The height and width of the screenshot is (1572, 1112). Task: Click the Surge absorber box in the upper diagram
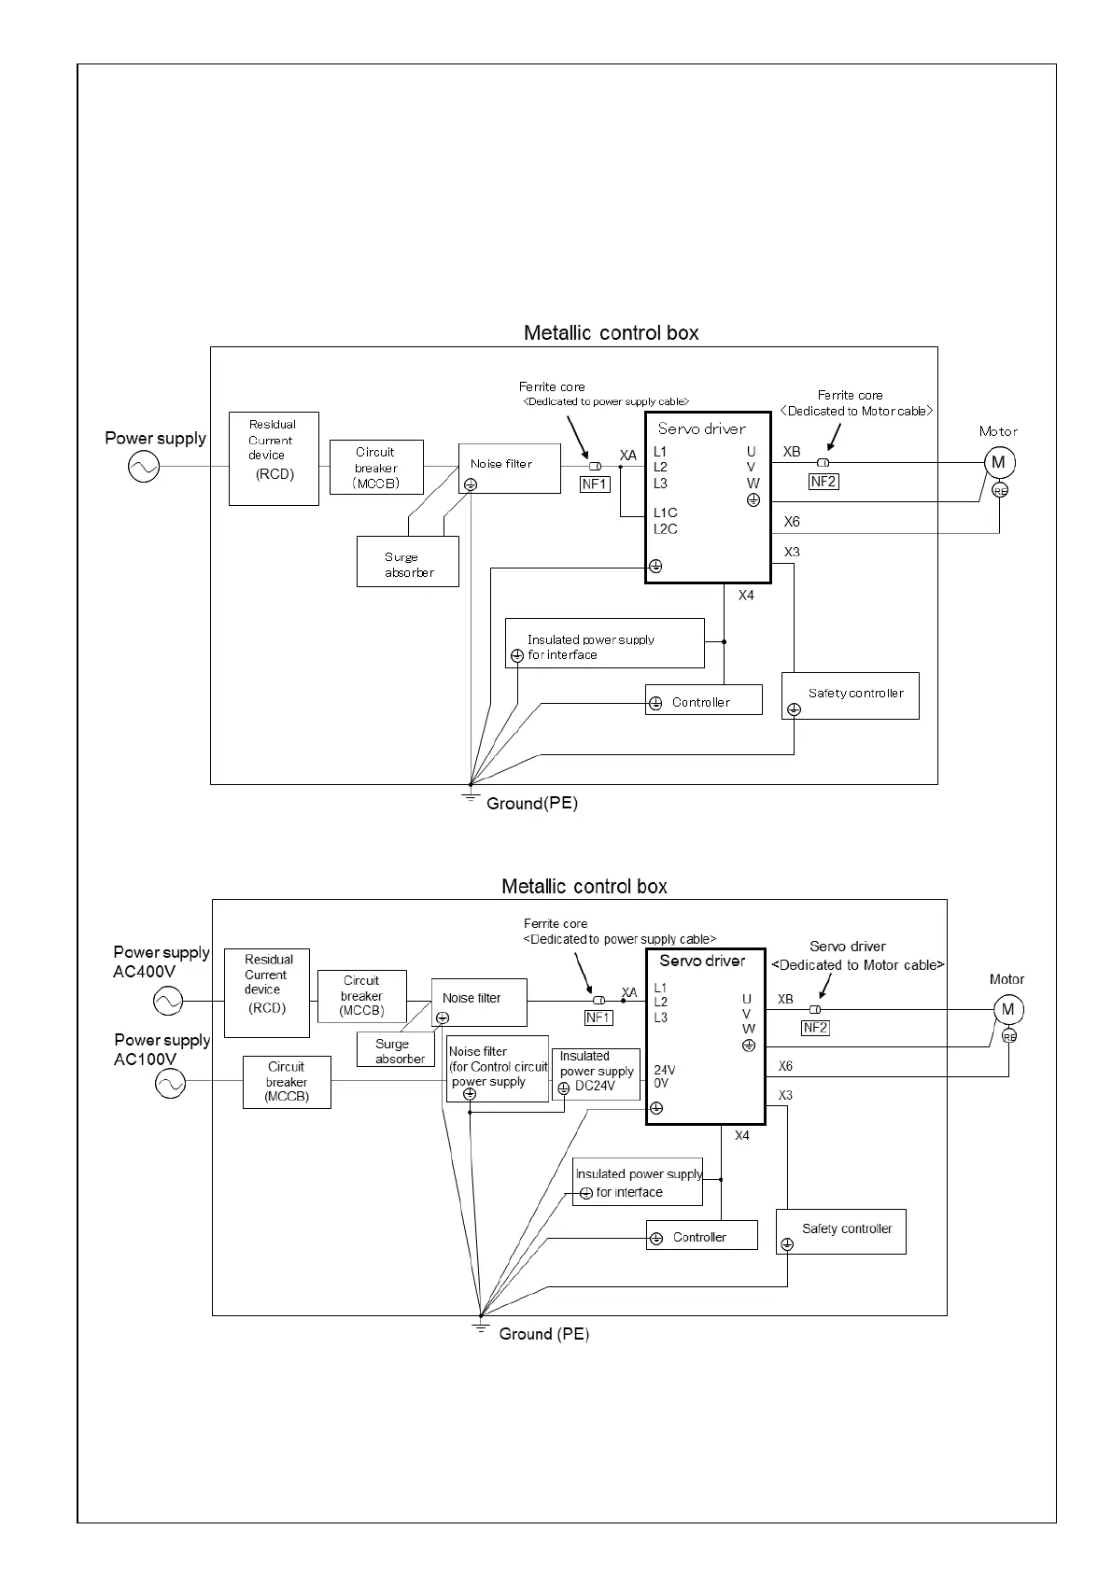(x=408, y=561)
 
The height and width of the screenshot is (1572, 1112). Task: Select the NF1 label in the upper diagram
(x=595, y=484)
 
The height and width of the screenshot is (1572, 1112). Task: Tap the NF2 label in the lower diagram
(x=815, y=1027)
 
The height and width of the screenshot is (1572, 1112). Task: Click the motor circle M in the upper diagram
(x=998, y=462)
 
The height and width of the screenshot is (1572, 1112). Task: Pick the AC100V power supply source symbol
(x=170, y=1083)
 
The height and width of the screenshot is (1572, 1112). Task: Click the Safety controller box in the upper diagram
(x=850, y=695)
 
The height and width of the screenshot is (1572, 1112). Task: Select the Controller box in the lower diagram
(x=701, y=1237)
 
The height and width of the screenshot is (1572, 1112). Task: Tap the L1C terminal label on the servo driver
(x=666, y=512)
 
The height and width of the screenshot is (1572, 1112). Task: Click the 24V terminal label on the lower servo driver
(x=665, y=1070)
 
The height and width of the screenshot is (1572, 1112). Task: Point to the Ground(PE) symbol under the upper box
(x=472, y=794)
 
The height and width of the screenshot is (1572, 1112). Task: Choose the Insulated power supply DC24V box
(x=596, y=1074)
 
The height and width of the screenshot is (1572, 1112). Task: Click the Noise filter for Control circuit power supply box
(x=498, y=1068)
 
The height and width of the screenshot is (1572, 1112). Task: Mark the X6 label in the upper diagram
(x=792, y=522)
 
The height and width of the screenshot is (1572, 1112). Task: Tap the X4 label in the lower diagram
(x=742, y=1135)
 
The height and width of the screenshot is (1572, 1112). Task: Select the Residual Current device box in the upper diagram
(x=274, y=458)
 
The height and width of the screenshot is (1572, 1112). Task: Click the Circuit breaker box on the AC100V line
(x=287, y=1082)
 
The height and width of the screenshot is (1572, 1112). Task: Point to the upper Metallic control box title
(x=611, y=333)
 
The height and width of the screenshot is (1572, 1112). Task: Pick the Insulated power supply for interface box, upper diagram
(x=604, y=643)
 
